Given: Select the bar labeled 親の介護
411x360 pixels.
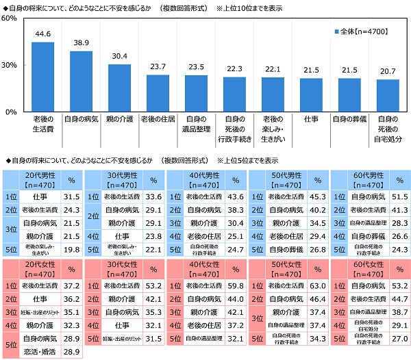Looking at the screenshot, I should pyautogui.click(x=119, y=88).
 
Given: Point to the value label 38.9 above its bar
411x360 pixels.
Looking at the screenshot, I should pyautogui.click(x=81, y=42).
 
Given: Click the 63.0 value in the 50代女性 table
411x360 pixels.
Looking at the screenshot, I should pyautogui.click(x=316, y=285).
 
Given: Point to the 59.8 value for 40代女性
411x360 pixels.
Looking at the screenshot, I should pyautogui.click(x=235, y=285).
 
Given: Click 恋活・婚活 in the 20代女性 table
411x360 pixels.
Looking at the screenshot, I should pyautogui.click(x=39, y=350).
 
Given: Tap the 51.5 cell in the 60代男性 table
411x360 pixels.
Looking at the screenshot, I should pyautogui.click(x=397, y=197).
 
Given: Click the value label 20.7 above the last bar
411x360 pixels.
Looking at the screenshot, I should pyautogui.click(x=388, y=72).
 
